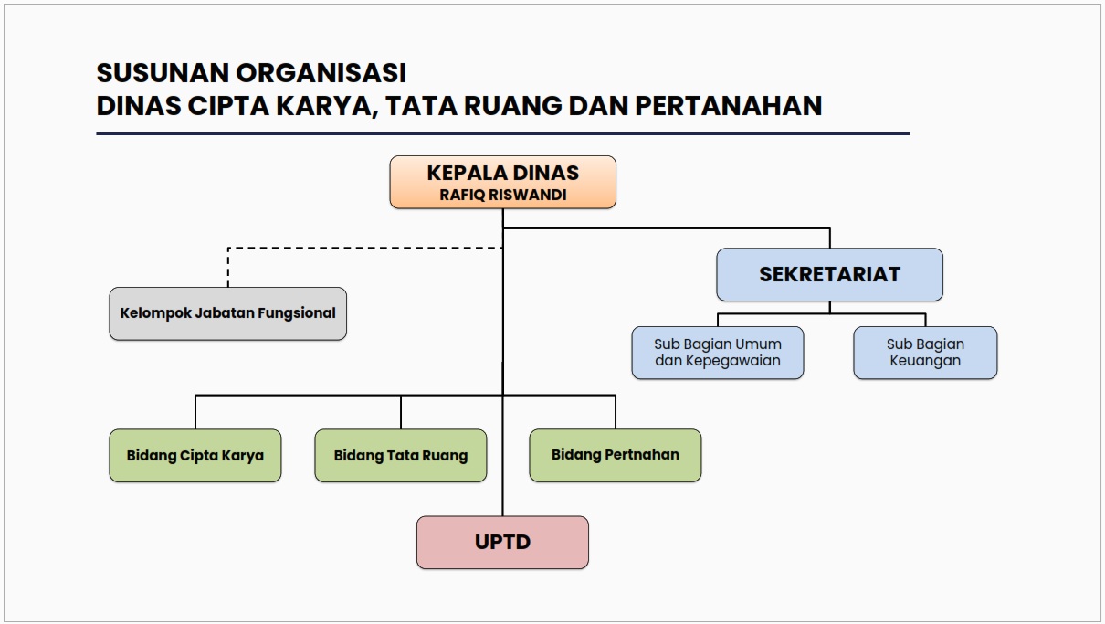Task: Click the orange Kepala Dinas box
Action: click(502, 182)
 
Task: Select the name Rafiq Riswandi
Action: click(502, 195)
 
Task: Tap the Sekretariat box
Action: click(830, 274)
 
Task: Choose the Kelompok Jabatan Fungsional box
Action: click(228, 313)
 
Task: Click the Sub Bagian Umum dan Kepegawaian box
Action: click(718, 353)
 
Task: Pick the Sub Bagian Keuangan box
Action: click(925, 353)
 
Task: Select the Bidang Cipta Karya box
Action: click(195, 455)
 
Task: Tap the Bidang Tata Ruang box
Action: click(401, 455)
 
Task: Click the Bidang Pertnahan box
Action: click(616, 455)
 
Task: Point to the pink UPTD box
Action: click(502, 542)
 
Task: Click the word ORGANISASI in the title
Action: click(321, 73)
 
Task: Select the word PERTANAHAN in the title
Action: click(729, 106)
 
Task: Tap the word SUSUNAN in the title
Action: click(163, 73)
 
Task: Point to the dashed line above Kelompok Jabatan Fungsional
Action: click(365, 248)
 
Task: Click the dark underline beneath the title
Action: click(502, 133)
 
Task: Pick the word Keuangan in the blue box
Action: click(925, 361)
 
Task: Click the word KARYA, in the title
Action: click(327, 106)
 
